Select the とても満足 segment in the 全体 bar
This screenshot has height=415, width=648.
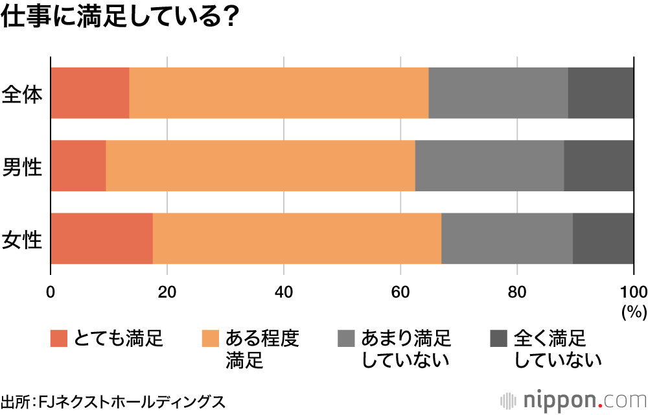pyautogui.click(x=90, y=93)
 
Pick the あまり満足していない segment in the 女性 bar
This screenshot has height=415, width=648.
pyautogui.click(x=507, y=238)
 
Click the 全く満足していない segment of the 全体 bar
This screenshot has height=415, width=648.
pyautogui.click(x=601, y=93)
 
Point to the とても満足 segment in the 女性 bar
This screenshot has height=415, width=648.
pyautogui.click(x=102, y=238)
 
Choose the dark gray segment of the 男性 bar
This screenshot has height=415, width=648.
pyautogui.click(x=599, y=165)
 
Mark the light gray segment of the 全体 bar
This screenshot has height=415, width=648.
pyautogui.click(x=498, y=93)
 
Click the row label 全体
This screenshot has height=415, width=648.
pyautogui.click(x=22, y=95)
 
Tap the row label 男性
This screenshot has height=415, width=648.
pyautogui.click(x=22, y=167)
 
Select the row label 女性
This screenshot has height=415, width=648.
pyautogui.click(x=22, y=240)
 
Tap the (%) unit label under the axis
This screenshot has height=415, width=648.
pyautogui.click(x=634, y=312)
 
